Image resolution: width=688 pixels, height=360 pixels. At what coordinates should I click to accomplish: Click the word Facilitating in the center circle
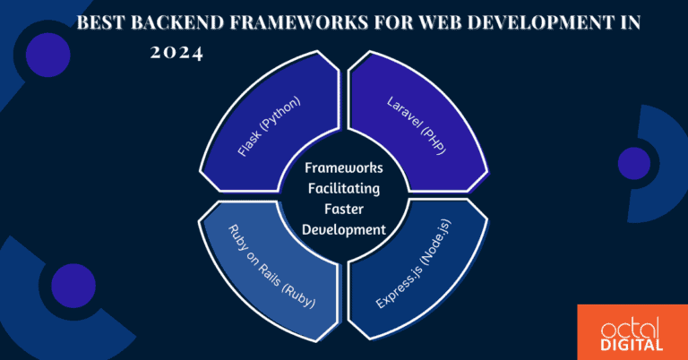tap(345, 189)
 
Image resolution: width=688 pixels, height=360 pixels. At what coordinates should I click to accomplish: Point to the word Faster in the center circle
tap(345, 210)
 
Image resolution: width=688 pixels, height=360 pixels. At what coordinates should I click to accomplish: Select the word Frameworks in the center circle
tap(345, 168)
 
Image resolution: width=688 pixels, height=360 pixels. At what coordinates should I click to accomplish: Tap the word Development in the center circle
tap(345, 230)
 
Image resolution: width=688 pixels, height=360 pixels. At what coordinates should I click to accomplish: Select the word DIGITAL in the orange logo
tap(633, 344)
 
